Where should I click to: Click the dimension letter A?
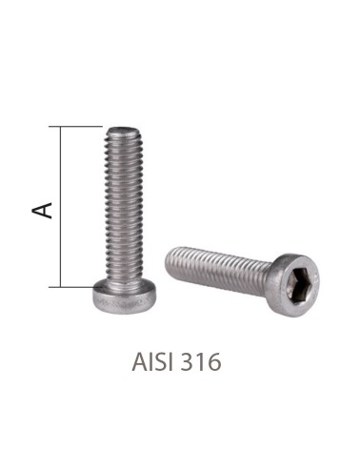point(43,207)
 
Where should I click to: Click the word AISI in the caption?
point(154,363)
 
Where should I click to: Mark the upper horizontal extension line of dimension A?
point(81,127)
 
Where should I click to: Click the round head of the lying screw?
point(294,277)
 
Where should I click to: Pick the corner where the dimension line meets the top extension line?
point(62,127)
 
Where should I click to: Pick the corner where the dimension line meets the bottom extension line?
point(62,286)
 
